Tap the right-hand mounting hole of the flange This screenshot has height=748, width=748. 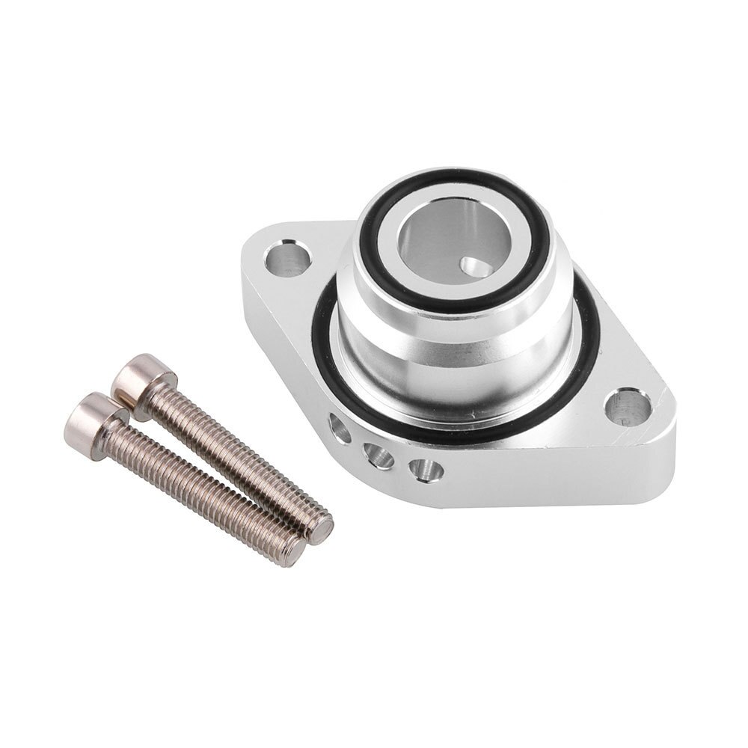click(x=627, y=408)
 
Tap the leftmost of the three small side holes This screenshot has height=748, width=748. click(x=339, y=429)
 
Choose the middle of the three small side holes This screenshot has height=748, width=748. click(x=379, y=454)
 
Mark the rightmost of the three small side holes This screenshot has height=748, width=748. click(x=426, y=470)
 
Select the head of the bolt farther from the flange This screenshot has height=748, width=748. click(x=93, y=415)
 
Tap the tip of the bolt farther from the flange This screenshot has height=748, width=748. click(x=294, y=552)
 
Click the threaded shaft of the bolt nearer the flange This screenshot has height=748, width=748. click(x=239, y=456)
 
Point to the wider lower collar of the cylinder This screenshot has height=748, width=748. click(x=449, y=374)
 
